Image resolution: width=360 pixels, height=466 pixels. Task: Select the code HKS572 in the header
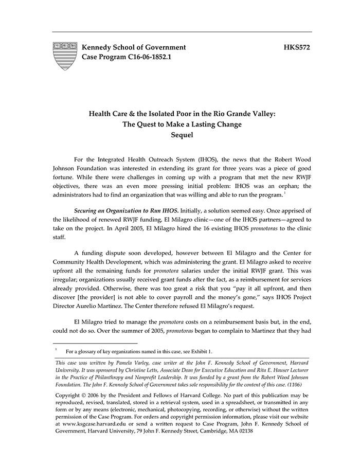(x=297, y=47)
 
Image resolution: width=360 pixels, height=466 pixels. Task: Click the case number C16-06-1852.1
(x=146, y=57)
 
